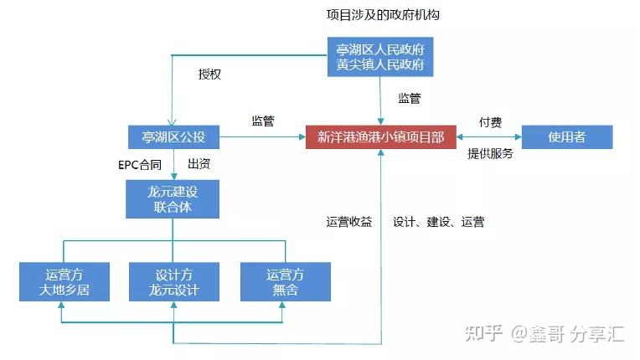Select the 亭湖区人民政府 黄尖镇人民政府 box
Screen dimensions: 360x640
[x=380, y=57]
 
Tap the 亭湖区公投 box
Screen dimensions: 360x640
[x=173, y=137]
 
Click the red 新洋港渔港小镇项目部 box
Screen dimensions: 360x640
[x=380, y=137]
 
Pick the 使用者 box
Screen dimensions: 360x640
[x=567, y=137]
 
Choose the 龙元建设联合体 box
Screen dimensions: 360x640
[x=173, y=198]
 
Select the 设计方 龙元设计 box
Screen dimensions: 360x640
[x=173, y=282]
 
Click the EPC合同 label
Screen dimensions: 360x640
[x=139, y=163]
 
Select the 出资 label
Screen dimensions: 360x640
[x=198, y=163]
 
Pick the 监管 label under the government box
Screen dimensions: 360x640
[x=410, y=98]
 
